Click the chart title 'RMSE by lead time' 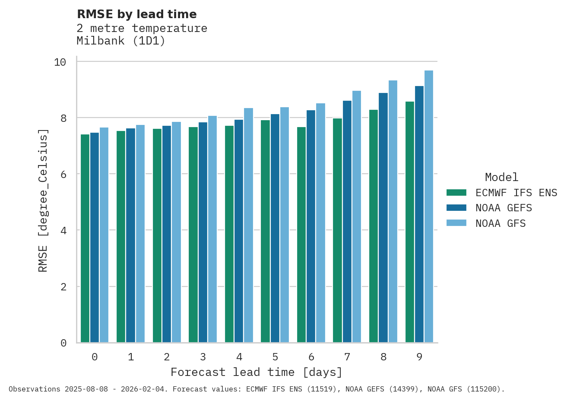[136, 14]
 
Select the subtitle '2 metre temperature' [142, 28]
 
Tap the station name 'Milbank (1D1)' [121, 41]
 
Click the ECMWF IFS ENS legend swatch [456, 193]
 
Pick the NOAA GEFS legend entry [504, 208]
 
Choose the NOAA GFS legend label [500, 223]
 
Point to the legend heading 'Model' [501, 177]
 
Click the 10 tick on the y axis [60, 62]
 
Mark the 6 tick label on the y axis [63, 175]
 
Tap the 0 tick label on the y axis [63, 343]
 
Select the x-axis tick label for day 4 [239, 357]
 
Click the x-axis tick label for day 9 [419, 357]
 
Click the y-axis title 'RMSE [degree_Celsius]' [43, 200]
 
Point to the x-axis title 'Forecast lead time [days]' [257, 372]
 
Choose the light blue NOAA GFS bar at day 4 [248, 225]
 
